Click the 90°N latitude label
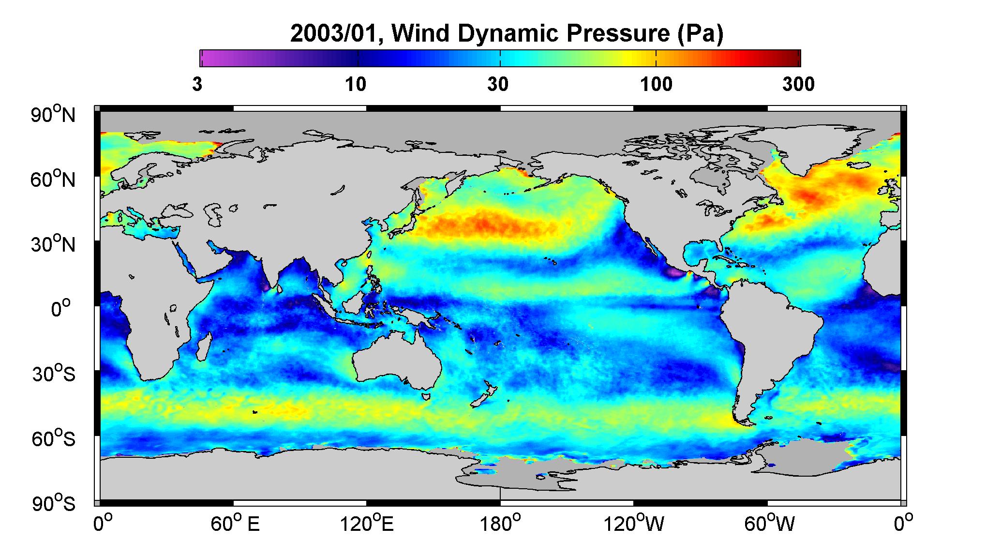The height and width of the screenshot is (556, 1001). [53, 115]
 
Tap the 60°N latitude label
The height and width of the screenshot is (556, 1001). [53, 180]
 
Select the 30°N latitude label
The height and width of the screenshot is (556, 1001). [53, 244]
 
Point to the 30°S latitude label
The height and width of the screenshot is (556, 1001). [54, 374]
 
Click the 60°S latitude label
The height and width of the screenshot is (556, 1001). [54, 439]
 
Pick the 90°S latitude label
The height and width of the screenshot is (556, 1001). [54, 504]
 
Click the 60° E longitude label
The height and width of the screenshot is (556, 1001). [235, 524]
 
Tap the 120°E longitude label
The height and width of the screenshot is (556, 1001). [367, 524]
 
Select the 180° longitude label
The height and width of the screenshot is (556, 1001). [500, 524]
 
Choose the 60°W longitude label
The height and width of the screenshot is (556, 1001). [769, 524]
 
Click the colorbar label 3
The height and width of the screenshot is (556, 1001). [197, 85]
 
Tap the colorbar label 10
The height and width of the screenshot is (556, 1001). [356, 85]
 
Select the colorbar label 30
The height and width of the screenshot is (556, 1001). [498, 85]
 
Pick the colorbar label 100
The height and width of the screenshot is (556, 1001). [657, 85]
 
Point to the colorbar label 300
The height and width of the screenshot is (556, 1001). [798, 85]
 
